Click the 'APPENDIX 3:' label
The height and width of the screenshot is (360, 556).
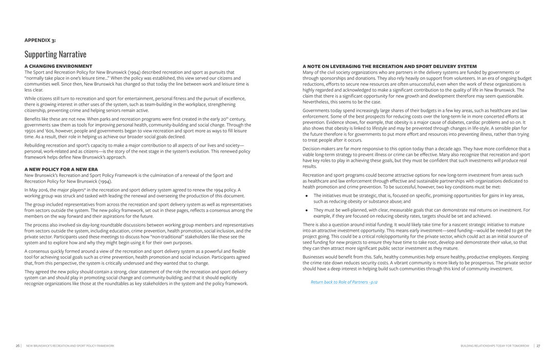point(40,40)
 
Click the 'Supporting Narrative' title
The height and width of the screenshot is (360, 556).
point(55,54)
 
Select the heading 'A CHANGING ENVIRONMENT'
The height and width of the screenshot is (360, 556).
point(58,66)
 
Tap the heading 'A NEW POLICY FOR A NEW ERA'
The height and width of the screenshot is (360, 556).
point(61,169)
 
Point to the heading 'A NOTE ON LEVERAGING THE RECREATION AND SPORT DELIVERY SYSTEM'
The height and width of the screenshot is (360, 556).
point(389,66)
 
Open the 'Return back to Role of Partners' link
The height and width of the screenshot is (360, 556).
point(344,282)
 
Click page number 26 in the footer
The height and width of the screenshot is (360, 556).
point(17,346)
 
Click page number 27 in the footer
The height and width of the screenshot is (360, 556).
point(538,346)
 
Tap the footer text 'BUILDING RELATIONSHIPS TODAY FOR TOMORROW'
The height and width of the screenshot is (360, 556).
point(495,346)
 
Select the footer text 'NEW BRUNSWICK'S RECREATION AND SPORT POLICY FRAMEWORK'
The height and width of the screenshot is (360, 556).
point(70,346)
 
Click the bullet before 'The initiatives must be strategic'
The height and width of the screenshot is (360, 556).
point(307,195)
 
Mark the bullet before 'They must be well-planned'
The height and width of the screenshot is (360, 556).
point(307,210)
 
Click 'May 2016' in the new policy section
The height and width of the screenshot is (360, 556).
point(40,190)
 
